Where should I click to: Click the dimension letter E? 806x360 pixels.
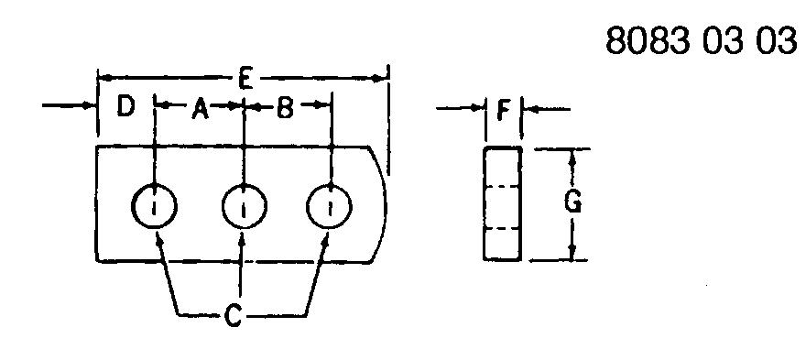click(x=245, y=81)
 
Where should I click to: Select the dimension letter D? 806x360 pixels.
click(x=125, y=106)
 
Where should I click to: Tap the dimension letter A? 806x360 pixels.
click(x=200, y=109)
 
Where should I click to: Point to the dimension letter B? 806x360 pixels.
click(x=284, y=108)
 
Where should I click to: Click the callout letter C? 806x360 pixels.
click(x=233, y=316)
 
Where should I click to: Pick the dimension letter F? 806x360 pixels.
click(x=504, y=111)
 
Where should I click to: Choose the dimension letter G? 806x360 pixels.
click(x=572, y=202)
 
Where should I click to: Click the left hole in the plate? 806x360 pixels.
click(x=154, y=206)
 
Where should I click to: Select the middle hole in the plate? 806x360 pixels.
click(x=245, y=206)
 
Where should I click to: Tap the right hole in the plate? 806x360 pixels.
click(x=329, y=206)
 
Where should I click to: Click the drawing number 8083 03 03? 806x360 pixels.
click(x=700, y=41)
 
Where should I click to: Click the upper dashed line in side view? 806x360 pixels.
click(x=503, y=186)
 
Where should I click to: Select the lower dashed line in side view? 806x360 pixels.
click(x=503, y=228)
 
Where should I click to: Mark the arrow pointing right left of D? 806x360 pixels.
click(x=70, y=106)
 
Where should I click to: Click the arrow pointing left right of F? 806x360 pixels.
click(x=546, y=109)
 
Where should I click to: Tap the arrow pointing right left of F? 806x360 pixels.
click(x=461, y=108)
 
